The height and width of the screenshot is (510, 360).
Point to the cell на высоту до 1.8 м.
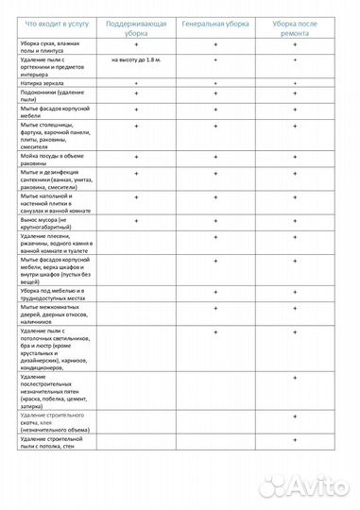(136, 60)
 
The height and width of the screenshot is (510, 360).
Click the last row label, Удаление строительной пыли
(56, 442)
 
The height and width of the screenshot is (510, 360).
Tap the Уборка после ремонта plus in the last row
(296, 438)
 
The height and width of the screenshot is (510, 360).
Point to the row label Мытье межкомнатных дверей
(54, 314)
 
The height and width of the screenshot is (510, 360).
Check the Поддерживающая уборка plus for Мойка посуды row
(136, 156)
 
